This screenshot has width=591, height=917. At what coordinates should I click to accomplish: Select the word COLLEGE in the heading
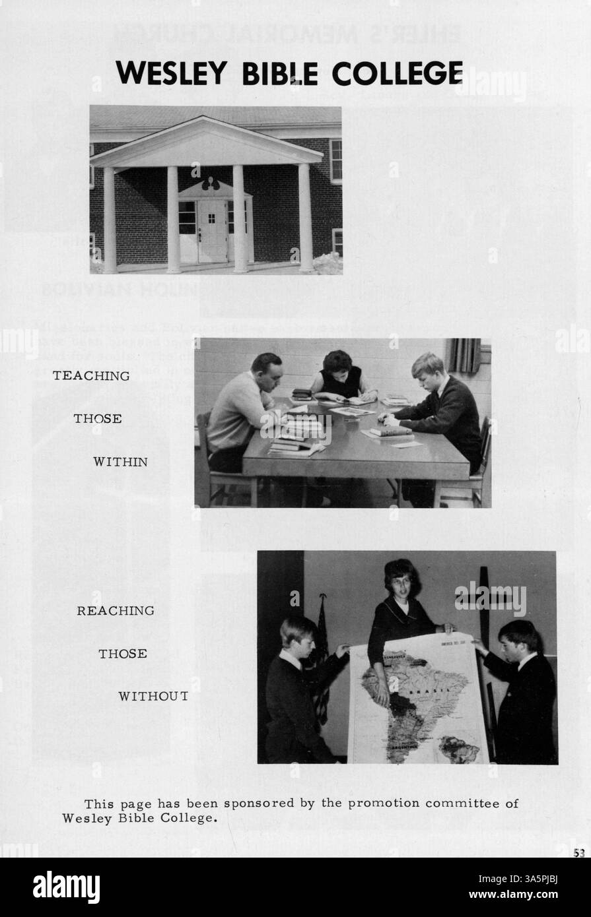point(396,73)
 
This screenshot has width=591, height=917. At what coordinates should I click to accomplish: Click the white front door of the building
point(212,231)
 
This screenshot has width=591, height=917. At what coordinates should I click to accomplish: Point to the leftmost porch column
point(110,220)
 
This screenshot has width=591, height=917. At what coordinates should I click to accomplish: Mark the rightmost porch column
point(305,218)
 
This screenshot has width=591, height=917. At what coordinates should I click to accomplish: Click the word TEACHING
point(91,376)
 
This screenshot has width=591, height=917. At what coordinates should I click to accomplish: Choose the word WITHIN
point(120,462)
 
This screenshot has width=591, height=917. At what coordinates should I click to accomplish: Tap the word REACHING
point(116,611)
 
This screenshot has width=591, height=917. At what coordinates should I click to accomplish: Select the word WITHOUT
point(153,697)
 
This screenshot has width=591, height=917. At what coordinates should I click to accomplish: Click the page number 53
point(579,852)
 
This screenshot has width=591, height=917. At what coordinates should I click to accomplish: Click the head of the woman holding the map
point(401,581)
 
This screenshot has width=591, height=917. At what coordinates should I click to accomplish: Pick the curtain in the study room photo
point(465,356)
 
